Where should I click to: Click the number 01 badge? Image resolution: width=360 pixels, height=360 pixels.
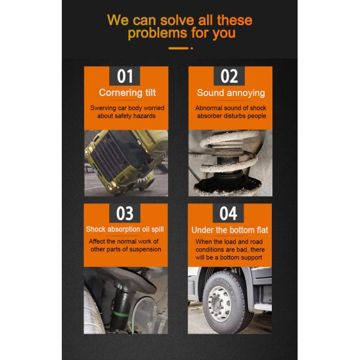[125, 77]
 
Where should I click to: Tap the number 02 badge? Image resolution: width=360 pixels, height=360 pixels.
[230, 77]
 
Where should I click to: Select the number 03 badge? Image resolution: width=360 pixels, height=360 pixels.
[125, 214]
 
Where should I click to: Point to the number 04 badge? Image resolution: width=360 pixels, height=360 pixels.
[230, 214]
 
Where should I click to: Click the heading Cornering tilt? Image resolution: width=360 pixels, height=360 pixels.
[127, 93]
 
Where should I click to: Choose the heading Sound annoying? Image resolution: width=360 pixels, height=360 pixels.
[231, 93]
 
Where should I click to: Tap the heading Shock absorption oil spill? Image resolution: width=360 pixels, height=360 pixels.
[126, 229]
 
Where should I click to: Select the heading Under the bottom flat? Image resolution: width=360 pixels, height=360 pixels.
[231, 229]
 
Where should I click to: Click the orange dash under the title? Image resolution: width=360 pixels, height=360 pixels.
[179, 48]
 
